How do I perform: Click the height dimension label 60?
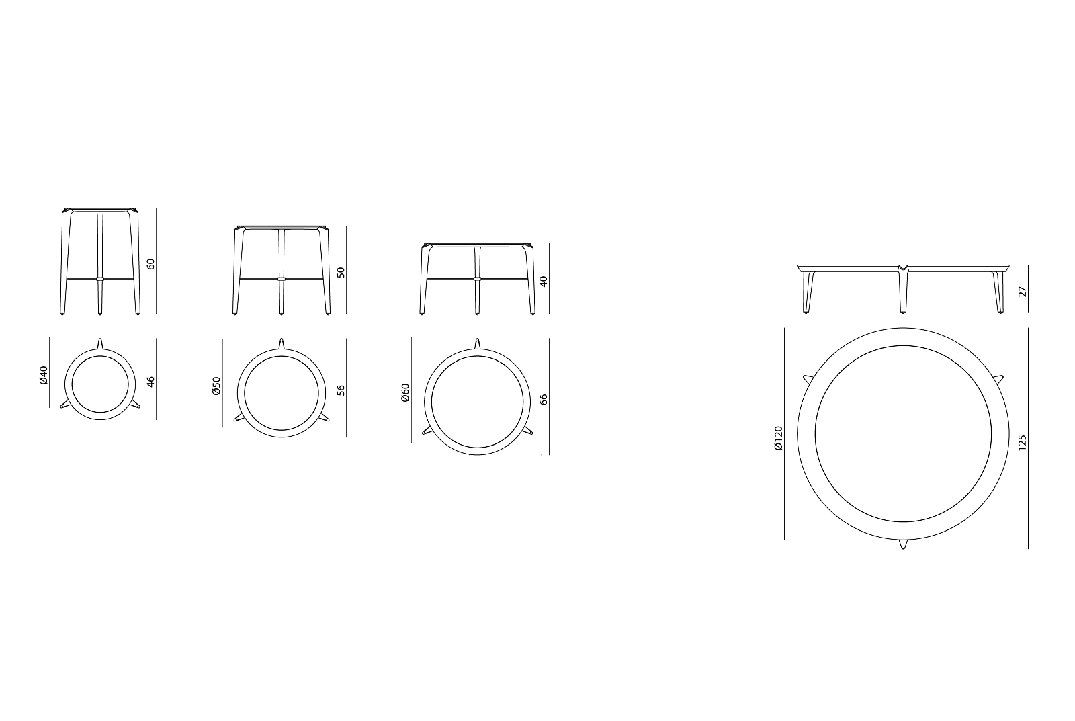tap(151, 263)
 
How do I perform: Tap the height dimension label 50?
tap(341, 272)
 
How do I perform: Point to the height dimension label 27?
tap(1023, 291)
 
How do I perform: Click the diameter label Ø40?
tap(44, 375)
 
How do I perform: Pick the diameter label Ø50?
tap(216, 386)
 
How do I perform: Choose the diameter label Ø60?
tap(405, 393)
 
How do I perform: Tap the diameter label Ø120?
tap(778, 438)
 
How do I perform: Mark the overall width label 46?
tap(151, 381)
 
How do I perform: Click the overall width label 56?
tap(341, 390)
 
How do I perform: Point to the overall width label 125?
tap(1023, 442)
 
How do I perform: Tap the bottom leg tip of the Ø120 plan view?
tap(903, 546)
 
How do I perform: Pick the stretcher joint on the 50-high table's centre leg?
tap(282, 278)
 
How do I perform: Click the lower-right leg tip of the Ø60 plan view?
tap(531, 432)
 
